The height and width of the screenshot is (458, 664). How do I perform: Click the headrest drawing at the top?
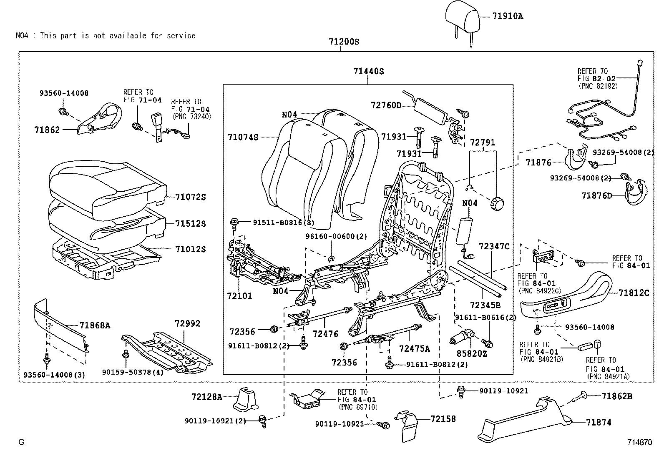pyautogui.click(x=460, y=15)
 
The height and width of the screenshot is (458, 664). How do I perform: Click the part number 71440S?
pyautogui.click(x=368, y=71)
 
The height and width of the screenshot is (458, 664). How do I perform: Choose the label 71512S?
pyautogui.click(x=190, y=224)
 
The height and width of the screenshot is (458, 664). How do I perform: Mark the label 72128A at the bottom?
pyautogui.click(x=207, y=397)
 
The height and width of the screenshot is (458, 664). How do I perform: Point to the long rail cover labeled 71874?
pyautogui.click(x=526, y=419)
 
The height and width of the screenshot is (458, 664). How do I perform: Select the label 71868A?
pyautogui.click(x=95, y=326)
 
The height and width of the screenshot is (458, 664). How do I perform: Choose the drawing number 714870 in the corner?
pyautogui.click(x=639, y=442)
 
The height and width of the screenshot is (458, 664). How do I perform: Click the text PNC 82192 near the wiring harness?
pyautogui.click(x=598, y=86)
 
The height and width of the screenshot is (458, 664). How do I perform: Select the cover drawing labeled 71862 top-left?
pyautogui.click(x=100, y=119)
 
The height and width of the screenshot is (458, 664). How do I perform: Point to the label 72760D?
pyautogui.click(x=386, y=105)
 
